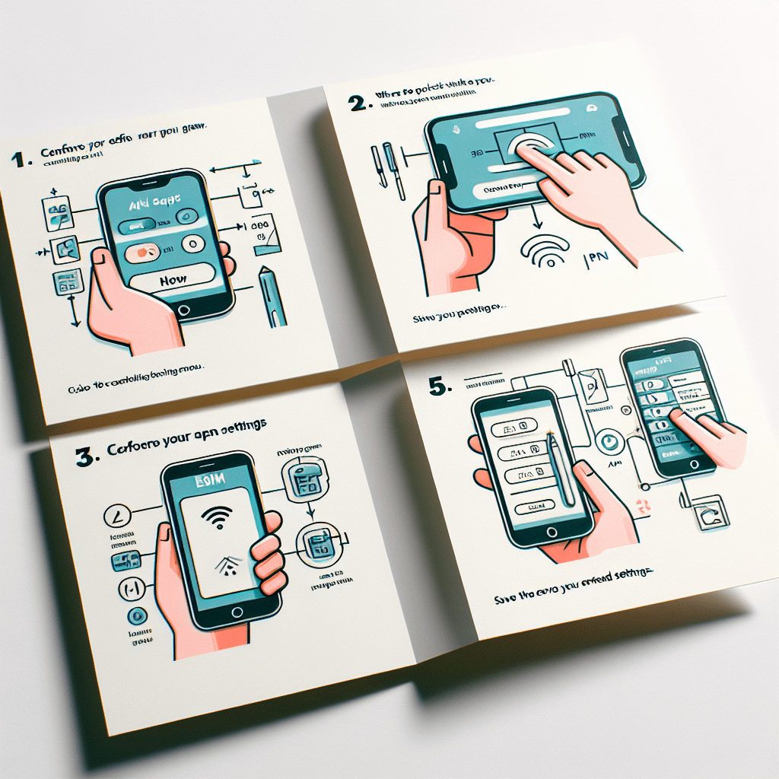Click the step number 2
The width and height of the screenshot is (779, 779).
pos(358,103)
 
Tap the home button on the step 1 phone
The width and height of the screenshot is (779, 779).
pos(183,310)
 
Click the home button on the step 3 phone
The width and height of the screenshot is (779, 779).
pos(237,612)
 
